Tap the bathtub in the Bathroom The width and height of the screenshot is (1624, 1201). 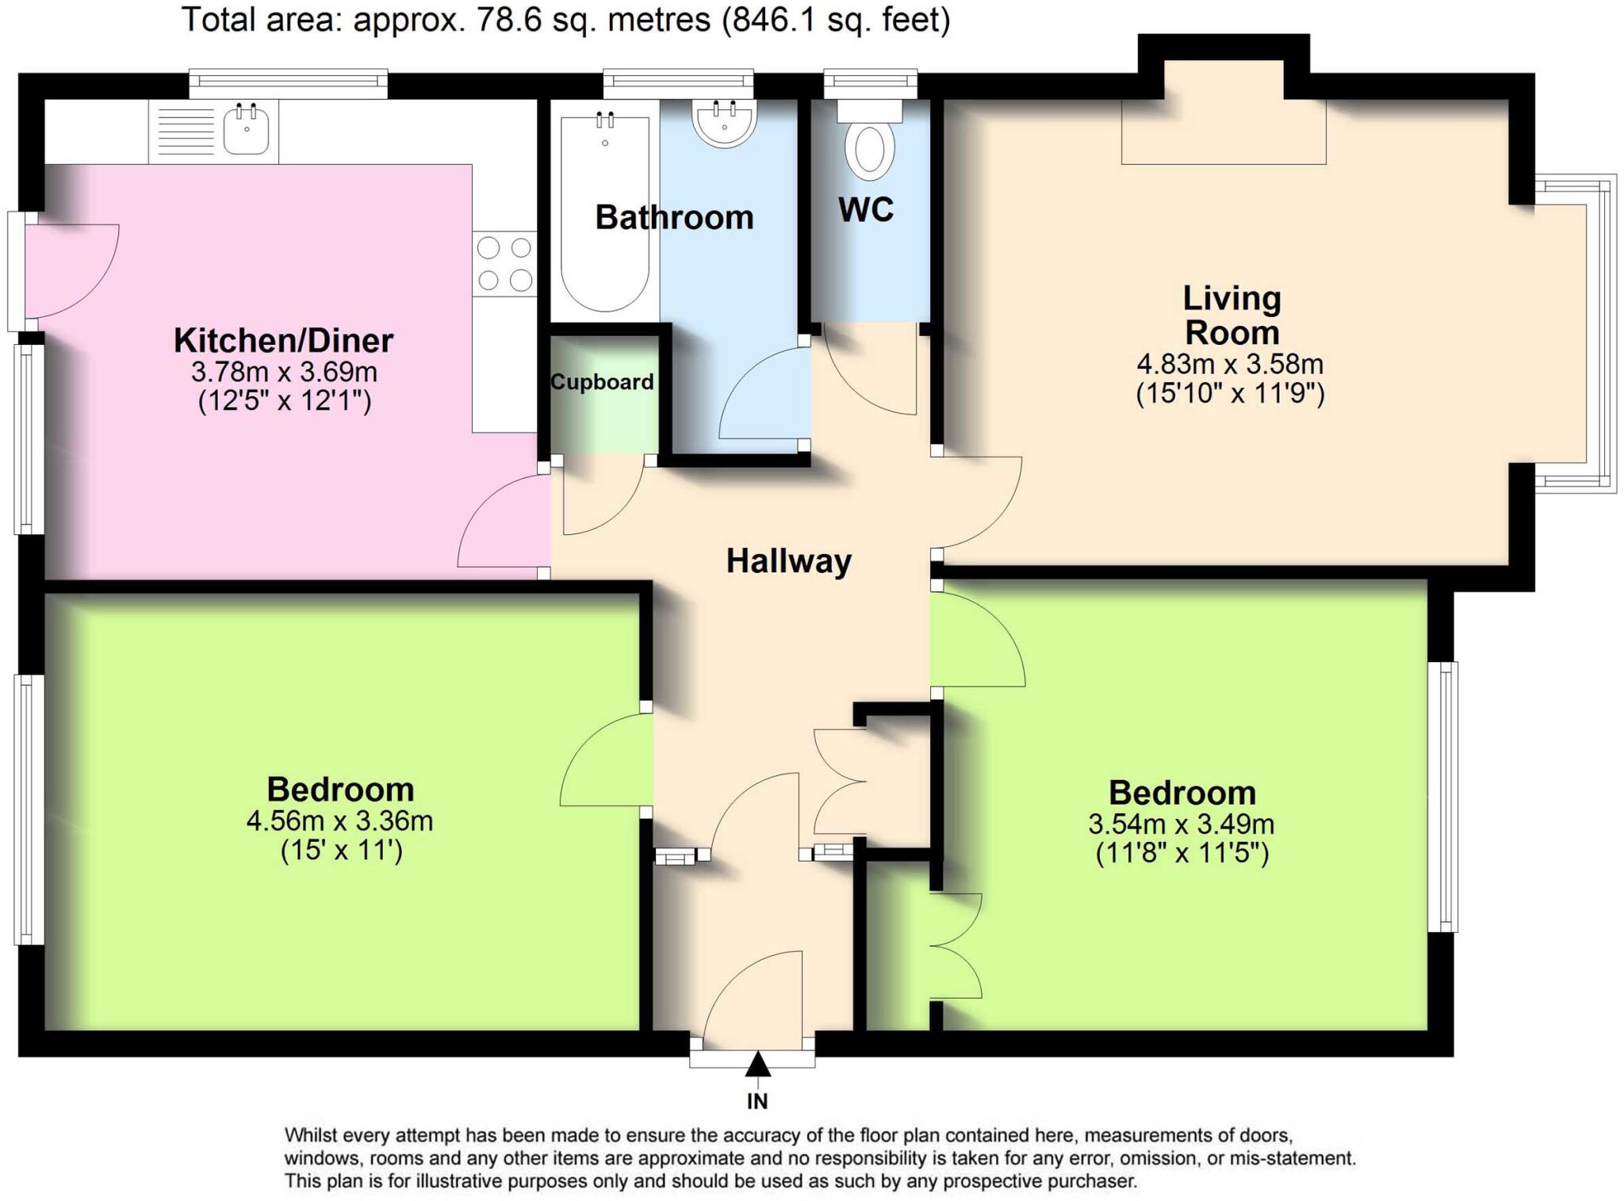click(x=604, y=214)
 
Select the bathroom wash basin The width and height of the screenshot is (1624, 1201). click(x=724, y=123)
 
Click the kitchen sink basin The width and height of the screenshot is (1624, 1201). click(x=246, y=131)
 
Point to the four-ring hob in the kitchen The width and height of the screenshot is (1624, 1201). click(x=504, y=264)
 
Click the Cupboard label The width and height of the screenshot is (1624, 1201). click(x=602, y=382)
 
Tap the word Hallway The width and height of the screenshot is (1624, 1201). click(x=788, y=561)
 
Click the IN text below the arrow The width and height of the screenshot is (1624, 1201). click(x=757, y=1101)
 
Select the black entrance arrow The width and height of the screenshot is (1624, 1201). click(x=757, y=1065)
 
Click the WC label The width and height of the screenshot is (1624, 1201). click(x=865, y=210)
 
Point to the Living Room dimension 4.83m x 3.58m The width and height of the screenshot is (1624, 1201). click(x=1230, y=365)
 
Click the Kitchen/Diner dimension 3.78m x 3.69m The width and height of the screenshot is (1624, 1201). click(x=284, y=372)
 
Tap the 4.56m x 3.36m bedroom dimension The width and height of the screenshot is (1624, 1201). click(x=339, y=821)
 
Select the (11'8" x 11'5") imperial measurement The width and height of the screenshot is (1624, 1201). click(x=1182, y=854)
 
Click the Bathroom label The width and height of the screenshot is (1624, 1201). click(x=674, y=217)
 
